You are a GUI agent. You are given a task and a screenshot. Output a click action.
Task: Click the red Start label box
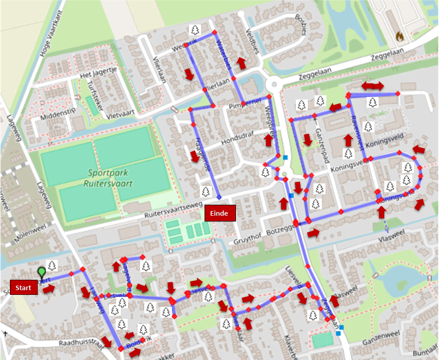pyautogui.click(x=23, y=288)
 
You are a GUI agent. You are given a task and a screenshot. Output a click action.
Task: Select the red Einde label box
pyautogui.click(x=220, y=213)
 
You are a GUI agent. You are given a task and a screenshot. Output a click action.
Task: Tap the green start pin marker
pyautogui.click(x=42, y=272)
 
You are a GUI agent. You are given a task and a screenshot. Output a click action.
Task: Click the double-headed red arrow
pyautogui.click(x=373, y=85)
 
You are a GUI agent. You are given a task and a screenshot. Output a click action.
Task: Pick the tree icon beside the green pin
pyautogui.click(x=52, y=265)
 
